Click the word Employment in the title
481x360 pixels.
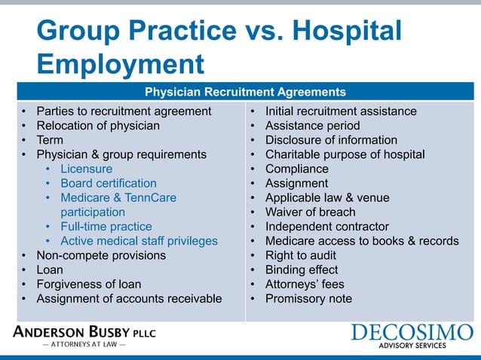[121, 63]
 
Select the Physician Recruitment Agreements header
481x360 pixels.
[245, 93]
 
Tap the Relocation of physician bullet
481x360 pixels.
[98, 126]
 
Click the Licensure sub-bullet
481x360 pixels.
[87, 169]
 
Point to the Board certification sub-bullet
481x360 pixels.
[109, 183]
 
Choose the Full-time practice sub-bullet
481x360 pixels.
[106, 227]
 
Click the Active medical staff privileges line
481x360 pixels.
[139, 241]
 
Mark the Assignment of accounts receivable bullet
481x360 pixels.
[129, 299]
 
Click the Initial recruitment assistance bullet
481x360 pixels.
[341, 111]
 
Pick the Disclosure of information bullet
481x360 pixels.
[331, 140]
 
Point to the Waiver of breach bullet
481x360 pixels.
[310, 212]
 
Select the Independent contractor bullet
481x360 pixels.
[326, 227]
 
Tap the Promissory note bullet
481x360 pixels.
[308, 299]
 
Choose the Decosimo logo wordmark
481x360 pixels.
[412, 332]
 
